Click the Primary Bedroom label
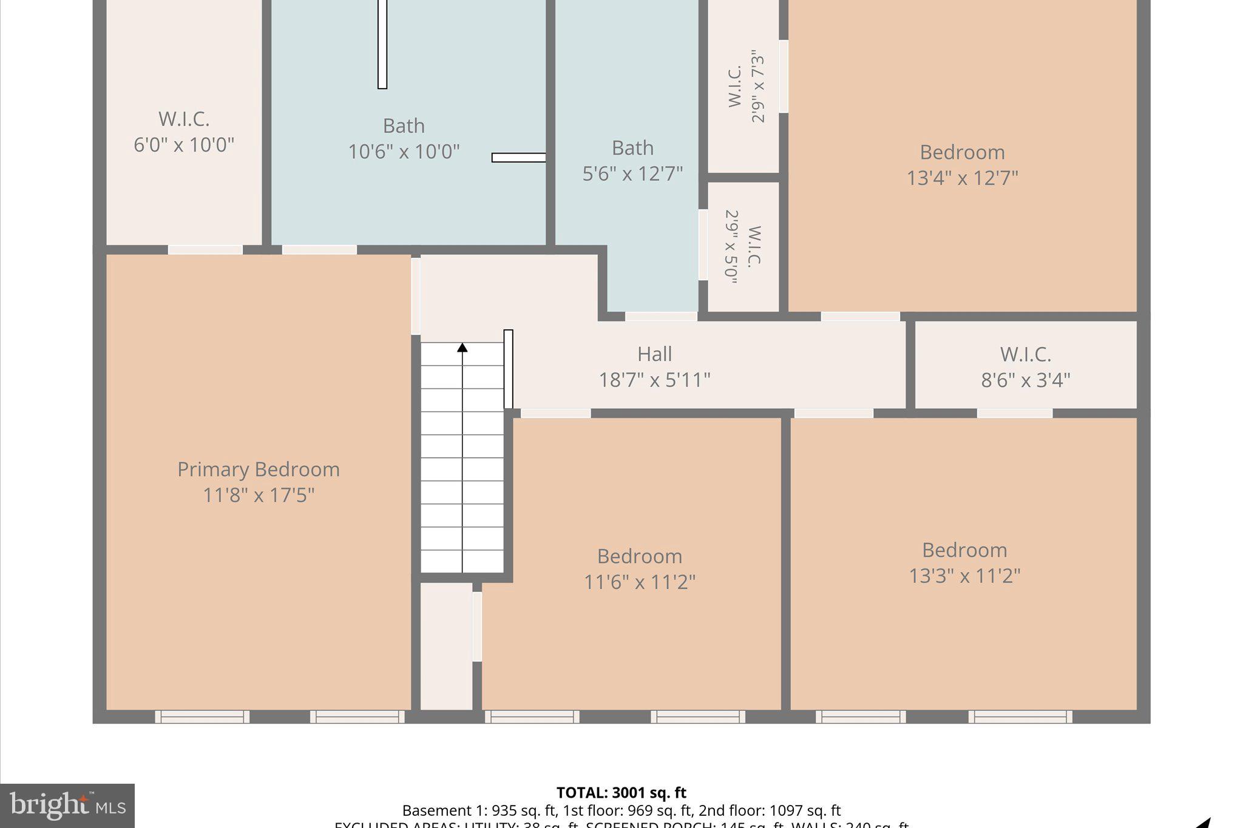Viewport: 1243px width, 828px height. (258, 470)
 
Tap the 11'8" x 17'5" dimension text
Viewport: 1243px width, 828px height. (258, 496)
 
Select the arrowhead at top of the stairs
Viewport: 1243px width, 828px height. (462, 348)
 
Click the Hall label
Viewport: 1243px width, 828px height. (654, 354)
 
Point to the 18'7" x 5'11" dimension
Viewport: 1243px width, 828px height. (654, 380)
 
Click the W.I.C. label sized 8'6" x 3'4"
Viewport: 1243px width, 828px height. (1025, 354)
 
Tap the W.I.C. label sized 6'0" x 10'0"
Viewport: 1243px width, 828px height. (184, 119)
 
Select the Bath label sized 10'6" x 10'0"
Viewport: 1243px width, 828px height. (404, 126)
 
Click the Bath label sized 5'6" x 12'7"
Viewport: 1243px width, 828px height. (632, 148)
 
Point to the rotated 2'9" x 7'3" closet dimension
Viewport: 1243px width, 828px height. (758, 87)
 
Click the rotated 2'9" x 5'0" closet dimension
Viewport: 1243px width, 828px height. (731, 247)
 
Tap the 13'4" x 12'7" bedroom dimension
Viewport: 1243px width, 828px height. (962, 178)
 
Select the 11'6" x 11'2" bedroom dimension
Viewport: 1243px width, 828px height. (639, 582)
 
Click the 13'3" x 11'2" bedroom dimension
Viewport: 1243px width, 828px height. (964, 576)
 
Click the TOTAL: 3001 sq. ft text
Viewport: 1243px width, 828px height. (621, 793)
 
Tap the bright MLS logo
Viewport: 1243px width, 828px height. (67, 805)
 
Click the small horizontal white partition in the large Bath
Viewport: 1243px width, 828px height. (518, 158)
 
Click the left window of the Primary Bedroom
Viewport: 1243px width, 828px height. (202, 717)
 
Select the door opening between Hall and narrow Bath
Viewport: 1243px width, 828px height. (661, 317)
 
